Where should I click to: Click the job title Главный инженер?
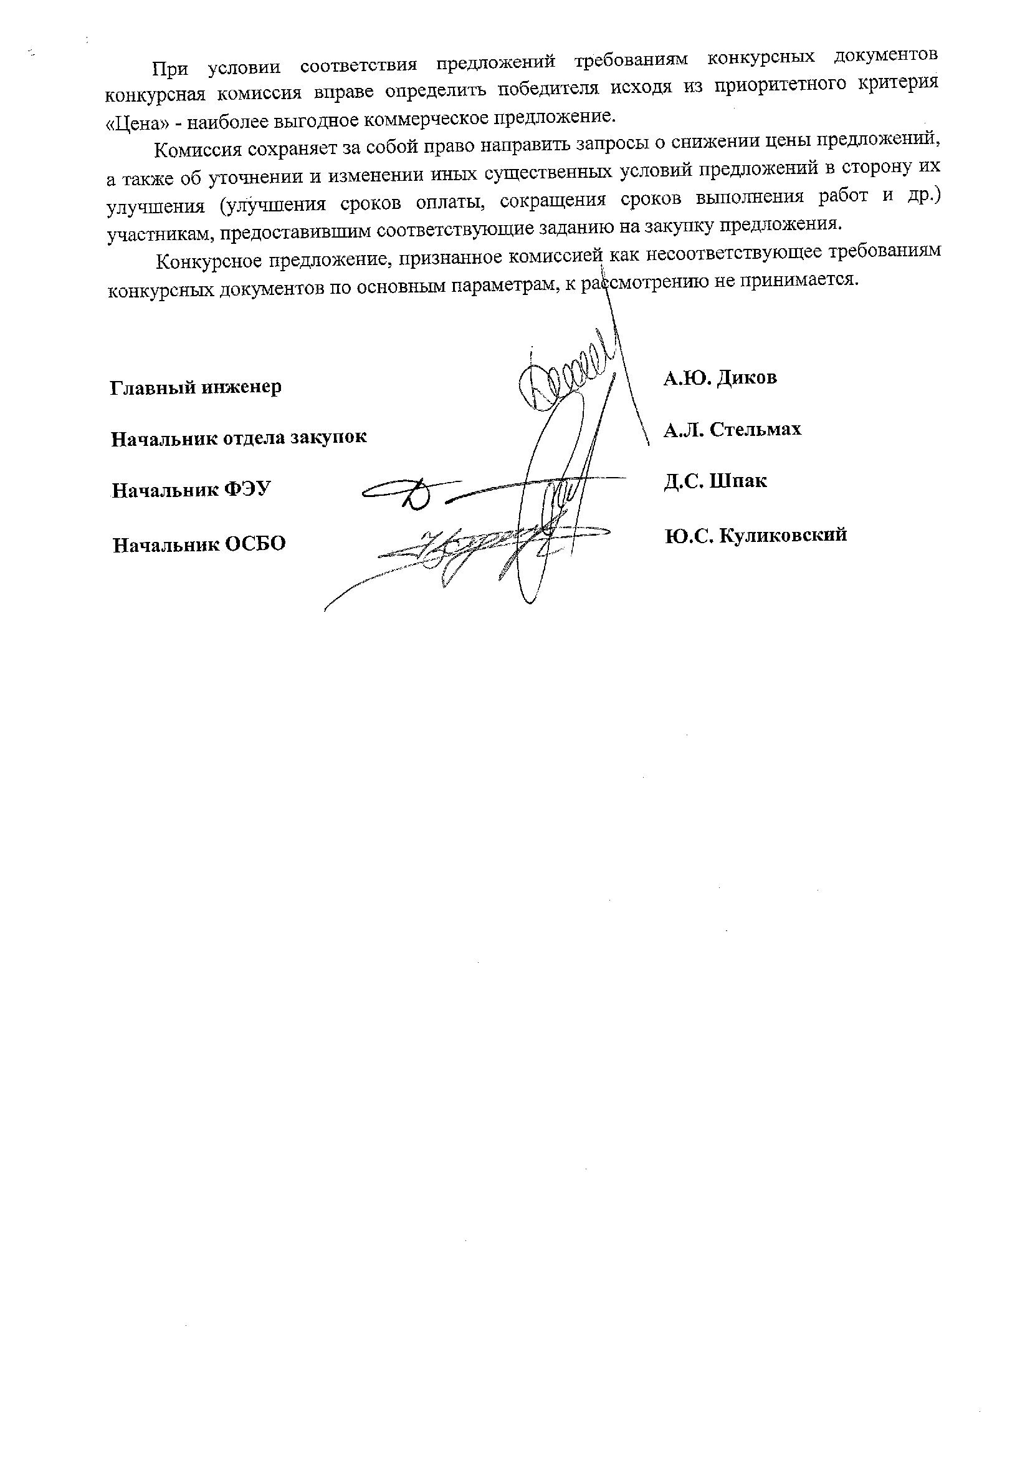[196, 387]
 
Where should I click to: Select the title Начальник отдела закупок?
[239, 438]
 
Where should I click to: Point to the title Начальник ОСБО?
[199, 544]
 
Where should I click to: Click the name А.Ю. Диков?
[720, 379]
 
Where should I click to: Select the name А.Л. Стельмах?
[732, 430]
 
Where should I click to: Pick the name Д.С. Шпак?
[715, 481]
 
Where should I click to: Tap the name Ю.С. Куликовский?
[756, 535]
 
